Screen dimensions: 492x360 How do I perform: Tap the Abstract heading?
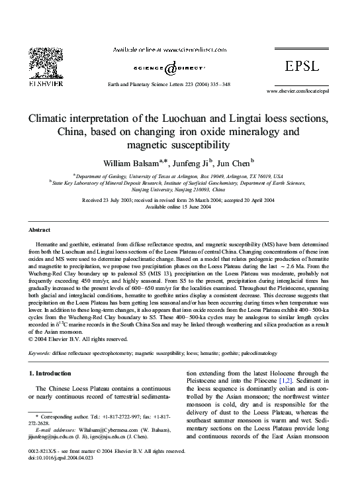pos(40,229)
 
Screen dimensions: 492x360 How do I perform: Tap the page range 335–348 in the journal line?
pos(217,85)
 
